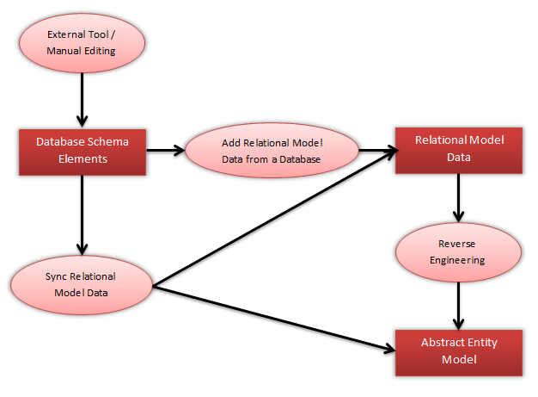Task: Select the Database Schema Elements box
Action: (x=83, y=151)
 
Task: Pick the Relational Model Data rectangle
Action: (x=459, y=149)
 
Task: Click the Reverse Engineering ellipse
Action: (x=458, y=251)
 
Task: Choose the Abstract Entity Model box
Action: (x=459, y=350)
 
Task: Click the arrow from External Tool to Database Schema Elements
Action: (x=83, y=99)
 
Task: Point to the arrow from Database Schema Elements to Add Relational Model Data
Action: (x=165, y=151)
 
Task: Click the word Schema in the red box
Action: (x=108, y=142)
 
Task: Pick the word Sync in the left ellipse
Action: (x=55, y=276)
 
